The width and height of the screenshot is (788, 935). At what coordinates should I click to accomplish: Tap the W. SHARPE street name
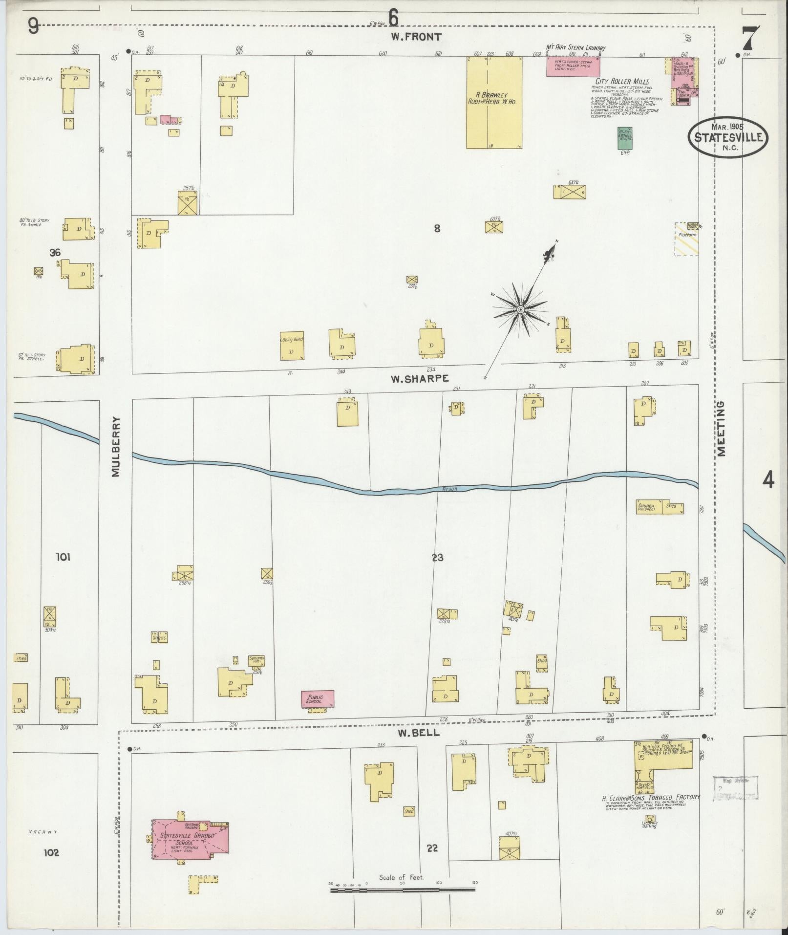click(420, 378)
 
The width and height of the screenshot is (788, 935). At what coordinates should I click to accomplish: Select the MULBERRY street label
click(115, 446)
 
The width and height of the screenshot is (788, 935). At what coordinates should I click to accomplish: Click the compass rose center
click(521, 310)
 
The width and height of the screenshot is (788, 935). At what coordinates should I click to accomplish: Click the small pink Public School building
click(318, 699)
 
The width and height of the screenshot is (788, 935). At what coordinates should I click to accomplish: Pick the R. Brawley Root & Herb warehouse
click(494, 103)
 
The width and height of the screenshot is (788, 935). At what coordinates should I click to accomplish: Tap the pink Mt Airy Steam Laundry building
click(573, 66)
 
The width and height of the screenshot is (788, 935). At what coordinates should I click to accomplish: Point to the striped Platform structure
click(686, 239)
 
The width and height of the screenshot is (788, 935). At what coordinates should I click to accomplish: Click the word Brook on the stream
click(449, 488)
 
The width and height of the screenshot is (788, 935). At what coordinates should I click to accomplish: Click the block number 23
click(437, 557)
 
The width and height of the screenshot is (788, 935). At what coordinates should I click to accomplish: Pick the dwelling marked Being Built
click(292, 346)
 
